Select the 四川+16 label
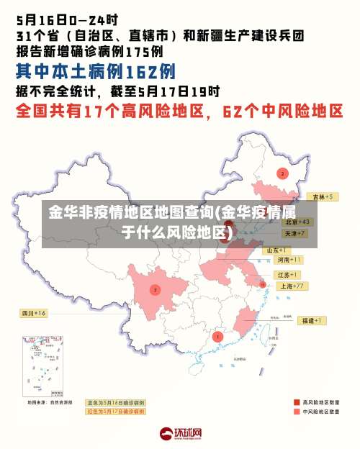pyautogui.click(x=33, y=313)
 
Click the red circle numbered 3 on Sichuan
pyautogui.click(x=155, y=289)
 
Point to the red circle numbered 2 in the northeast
pyautogui.click(x=282, y=173)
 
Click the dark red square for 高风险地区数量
pyautogui.click(x=296, y=402)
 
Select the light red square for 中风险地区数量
pyautogui.click(x=296, y=412)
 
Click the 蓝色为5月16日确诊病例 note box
pyautogui.click(x=115, y=402)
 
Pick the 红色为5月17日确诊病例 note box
pyautogui.click(x=115, y=412)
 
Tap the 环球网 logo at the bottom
pyautogui.click(x=181, y=434)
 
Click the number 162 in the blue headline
pyautogui.click(x=140, y=71)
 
